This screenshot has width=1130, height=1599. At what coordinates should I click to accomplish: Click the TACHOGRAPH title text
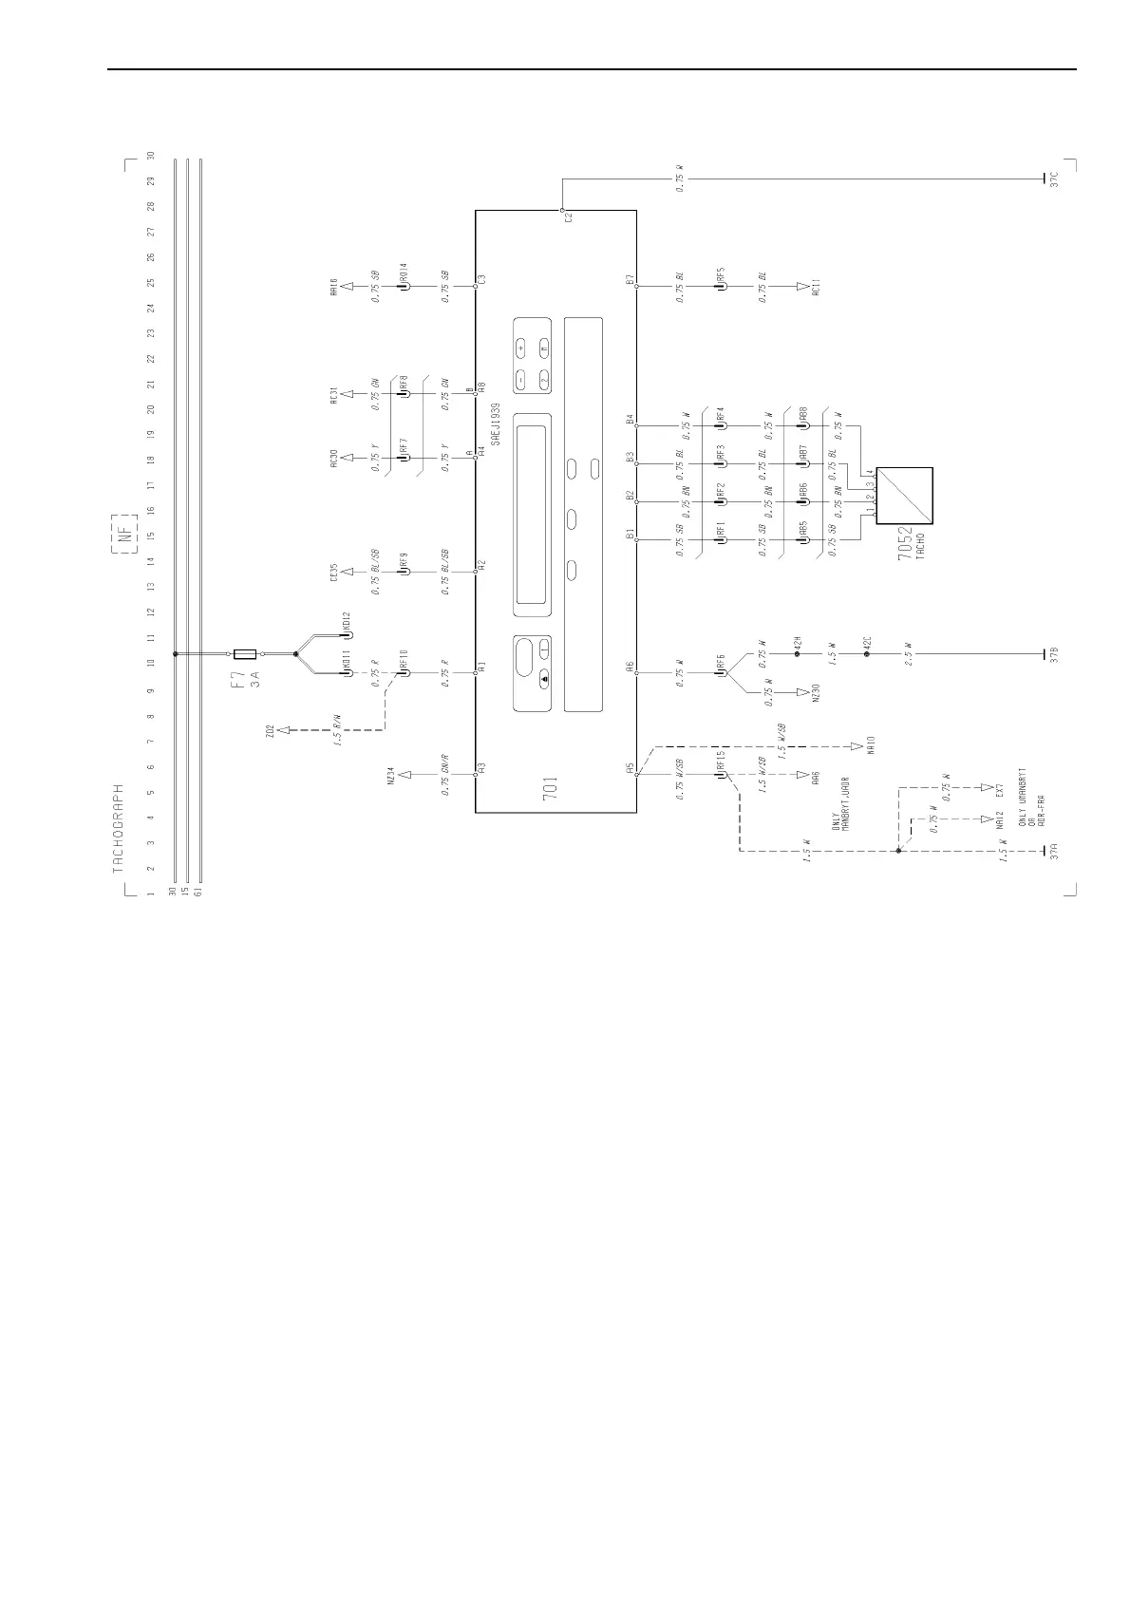[120, 828]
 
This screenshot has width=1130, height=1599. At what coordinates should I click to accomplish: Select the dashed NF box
[124, 533]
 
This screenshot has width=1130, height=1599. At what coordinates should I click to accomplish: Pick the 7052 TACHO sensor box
[904, 495]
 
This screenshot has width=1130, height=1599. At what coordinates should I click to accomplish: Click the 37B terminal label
[1055, 655]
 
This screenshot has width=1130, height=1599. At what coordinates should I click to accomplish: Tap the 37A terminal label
[1055, 852]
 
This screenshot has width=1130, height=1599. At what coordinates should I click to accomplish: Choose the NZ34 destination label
[390, 775]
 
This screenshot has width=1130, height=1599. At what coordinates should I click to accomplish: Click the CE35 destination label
[335, 573]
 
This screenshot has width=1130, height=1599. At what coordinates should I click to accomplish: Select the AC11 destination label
[816, 286]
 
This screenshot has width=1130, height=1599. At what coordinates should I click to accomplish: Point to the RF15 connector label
[722, 760]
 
